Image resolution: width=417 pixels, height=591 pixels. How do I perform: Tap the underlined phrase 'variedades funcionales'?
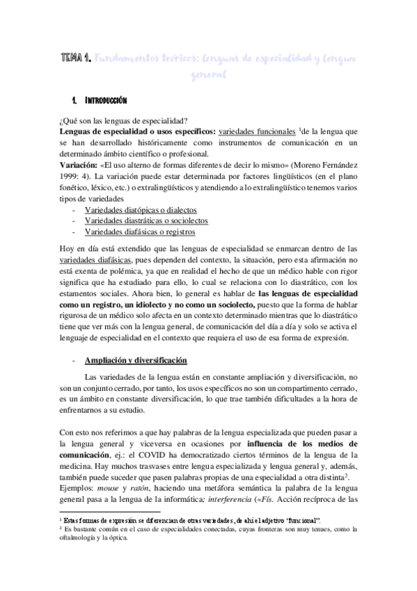(x=256, y=132)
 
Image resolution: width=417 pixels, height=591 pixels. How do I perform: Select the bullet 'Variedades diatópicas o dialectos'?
(x=141, y=209)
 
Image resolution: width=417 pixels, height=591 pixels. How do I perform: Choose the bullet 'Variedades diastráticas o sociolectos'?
(x=145, y=220)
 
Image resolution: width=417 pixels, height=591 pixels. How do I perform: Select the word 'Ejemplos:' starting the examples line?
(x=78, y=489)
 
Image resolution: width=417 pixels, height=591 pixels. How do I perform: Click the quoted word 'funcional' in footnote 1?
(x=304, y=521)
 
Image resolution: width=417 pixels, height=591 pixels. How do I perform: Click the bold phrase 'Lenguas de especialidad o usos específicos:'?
(x=136, y=132)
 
